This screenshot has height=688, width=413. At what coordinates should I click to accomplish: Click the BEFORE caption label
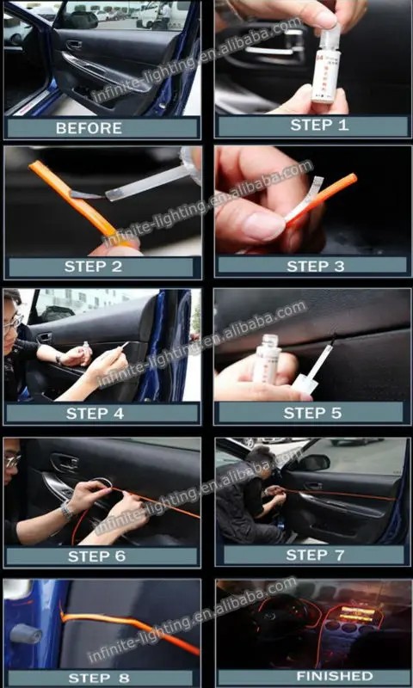(89, 128)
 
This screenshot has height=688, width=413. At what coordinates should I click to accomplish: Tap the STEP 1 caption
(319, 125)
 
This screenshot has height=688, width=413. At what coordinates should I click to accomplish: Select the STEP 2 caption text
(93, 267)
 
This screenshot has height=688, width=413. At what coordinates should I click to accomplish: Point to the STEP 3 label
(316, 266)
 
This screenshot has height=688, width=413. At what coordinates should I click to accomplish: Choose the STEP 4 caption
(95, 414)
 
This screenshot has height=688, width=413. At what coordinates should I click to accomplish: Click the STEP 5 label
(312, 413)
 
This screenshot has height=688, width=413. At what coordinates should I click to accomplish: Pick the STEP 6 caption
(96, 556)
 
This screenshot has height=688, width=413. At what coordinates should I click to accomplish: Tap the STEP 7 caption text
(315, 555)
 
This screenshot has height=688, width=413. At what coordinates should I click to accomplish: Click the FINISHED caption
(335, 676)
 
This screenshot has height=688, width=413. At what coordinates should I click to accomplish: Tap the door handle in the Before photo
(74, 45)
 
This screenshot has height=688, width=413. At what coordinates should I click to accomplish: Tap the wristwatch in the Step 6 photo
(66, 511)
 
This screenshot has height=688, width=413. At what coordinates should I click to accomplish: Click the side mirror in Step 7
(315, 462)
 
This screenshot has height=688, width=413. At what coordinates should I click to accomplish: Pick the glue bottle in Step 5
(267, 358)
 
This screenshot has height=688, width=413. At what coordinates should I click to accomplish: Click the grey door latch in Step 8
(27, 634)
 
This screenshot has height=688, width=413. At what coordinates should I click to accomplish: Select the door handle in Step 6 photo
(64, 463)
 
